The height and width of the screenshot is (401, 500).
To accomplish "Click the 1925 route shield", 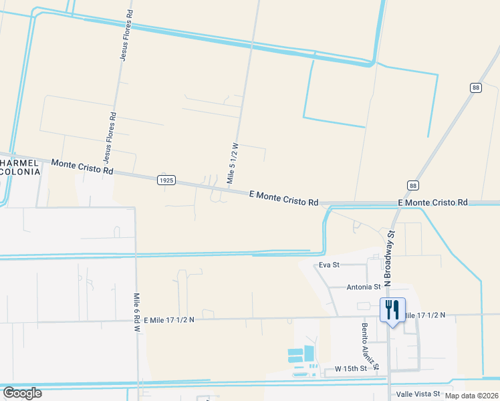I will pyautogui.click(x=167, y=180).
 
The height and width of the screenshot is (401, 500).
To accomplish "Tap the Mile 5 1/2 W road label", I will pyautogui.click(x=233, y=162).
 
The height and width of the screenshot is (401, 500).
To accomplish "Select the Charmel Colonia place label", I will pyautogui.click(x=20, y=167).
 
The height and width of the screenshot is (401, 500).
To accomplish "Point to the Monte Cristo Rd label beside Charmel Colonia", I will pyautogui.click(x=82, y=167).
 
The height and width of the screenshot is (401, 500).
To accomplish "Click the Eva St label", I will pyautogui.click(x=329, y=265).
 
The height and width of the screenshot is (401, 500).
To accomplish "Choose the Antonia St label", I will pyautogui.click(x=364, y=287).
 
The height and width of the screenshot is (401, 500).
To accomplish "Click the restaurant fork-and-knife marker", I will pyautogui.click(x=392, y=310).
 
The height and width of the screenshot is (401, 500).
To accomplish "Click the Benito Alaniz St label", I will pyautogui.click(x=370, y=346).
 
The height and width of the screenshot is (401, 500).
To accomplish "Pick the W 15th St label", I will pyautogui.click(x=351, y=369).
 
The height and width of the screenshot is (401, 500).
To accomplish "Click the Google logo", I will pyautogui.click(x=22, y=392).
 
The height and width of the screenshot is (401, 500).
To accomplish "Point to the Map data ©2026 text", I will pyautogui.click(x=471, y=396).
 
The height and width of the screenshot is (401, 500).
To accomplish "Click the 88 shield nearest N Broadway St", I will pyautogui.click(x=414, y=185).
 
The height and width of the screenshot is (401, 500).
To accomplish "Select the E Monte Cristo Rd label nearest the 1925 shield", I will pyautogui.click(x=283, y=198).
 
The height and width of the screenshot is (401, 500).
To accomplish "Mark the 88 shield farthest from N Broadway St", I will pyautogui.click(x=475, y=88).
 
